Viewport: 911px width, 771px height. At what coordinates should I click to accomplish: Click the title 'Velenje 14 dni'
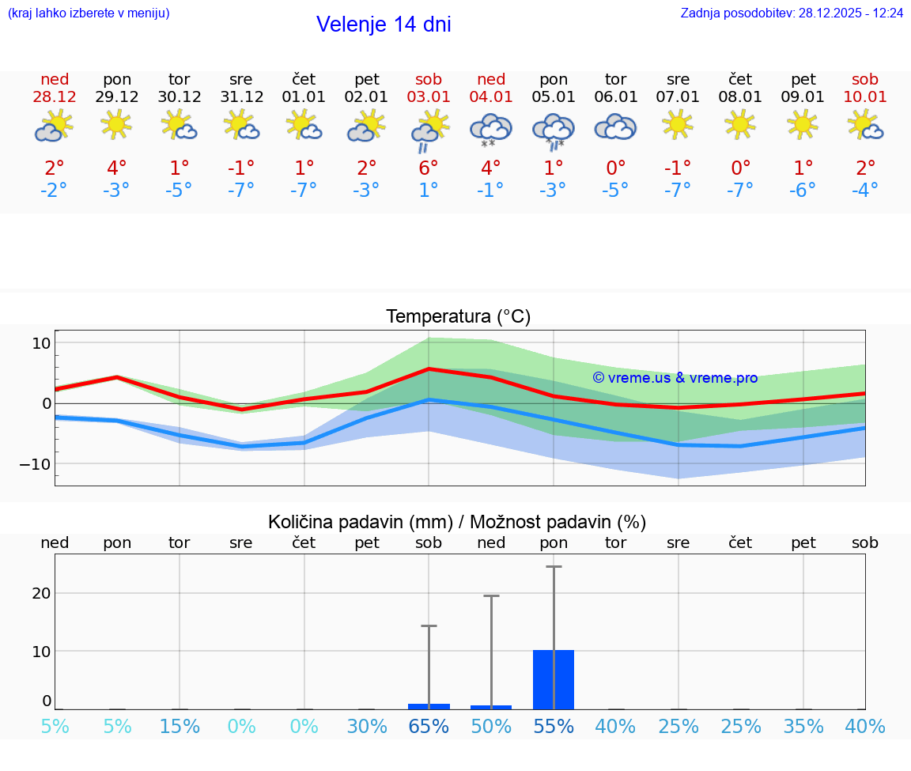click(384, 25)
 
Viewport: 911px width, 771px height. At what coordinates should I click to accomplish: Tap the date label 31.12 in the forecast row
click(241, 97)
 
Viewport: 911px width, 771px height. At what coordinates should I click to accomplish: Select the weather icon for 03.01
click(429, 129)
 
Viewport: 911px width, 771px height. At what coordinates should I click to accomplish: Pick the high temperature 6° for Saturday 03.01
click(429, 168)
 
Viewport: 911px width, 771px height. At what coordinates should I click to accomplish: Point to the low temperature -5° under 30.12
click(179, 191)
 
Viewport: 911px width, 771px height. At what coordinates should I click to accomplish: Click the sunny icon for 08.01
click(740, 124)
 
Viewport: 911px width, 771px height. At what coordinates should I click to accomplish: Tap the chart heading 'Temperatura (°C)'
click(458, 317)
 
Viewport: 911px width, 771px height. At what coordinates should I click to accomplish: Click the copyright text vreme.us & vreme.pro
click(675, 378)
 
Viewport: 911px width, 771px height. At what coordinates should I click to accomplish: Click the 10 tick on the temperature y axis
click(41, 343)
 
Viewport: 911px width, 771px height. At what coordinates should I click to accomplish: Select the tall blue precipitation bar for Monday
click(554, 679)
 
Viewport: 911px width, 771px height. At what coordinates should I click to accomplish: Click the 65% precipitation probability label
click(429, 727)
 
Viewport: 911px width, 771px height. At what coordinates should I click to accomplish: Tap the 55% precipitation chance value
click(554, 727)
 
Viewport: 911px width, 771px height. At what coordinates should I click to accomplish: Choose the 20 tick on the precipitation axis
click(41, 593)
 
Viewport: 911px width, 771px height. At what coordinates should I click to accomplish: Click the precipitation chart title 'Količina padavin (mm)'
click(360, 522)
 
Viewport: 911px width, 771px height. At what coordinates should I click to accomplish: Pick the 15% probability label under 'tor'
click(180, 727)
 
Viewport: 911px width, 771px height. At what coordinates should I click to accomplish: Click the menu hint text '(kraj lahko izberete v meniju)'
click(89, 13)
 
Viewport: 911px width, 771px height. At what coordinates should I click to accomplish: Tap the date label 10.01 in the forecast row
click(865, 97)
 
